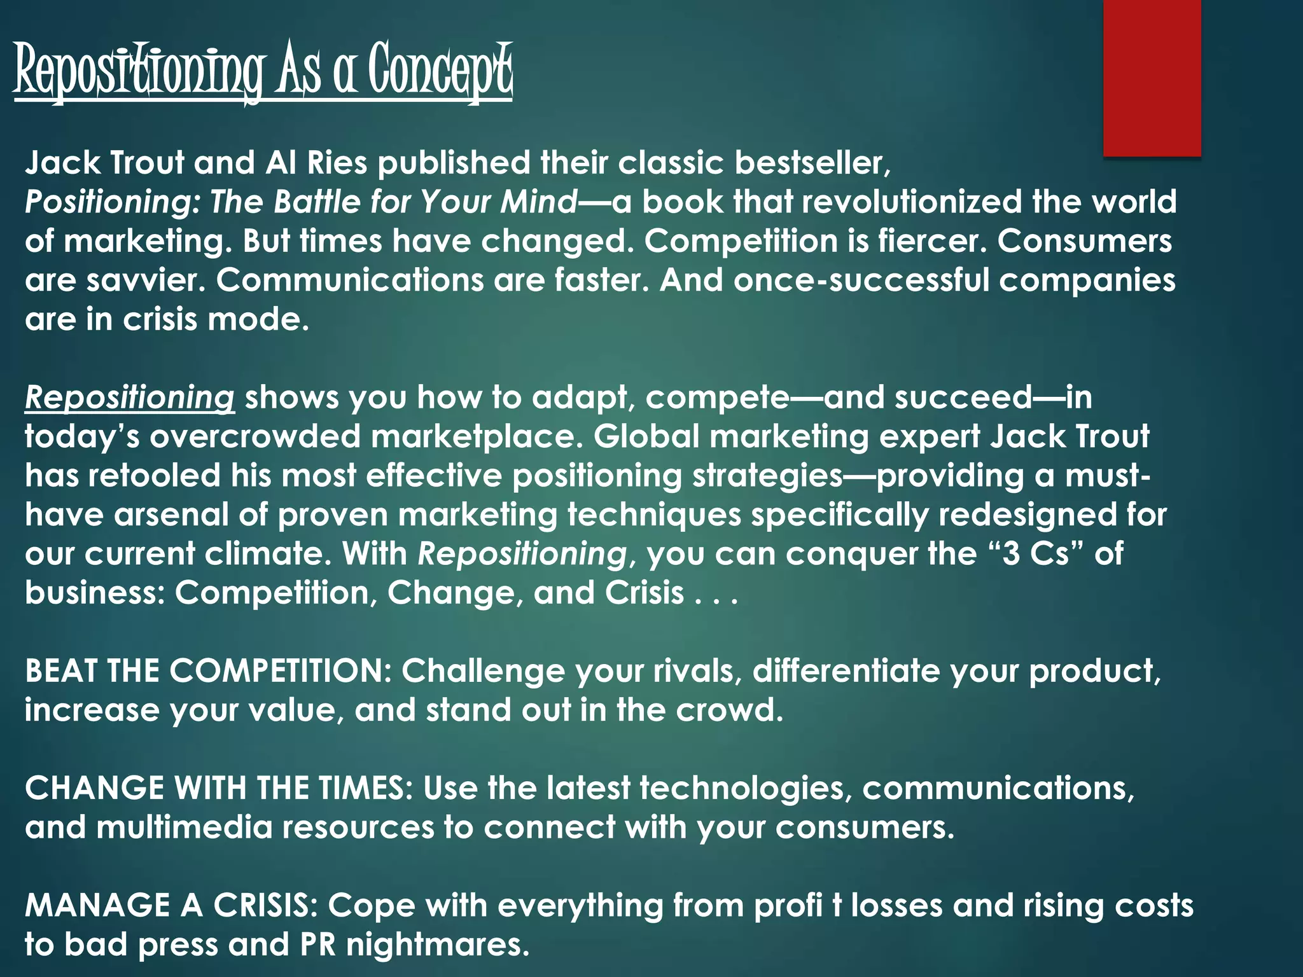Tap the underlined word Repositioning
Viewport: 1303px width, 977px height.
(130, 398)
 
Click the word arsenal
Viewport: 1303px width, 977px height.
(171, 515)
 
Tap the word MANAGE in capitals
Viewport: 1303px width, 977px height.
(97, 906)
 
